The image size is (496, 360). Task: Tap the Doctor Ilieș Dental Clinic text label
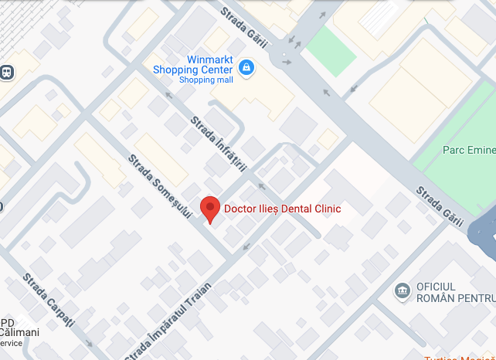[x=282, y=209]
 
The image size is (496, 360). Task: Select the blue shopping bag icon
[x=246, y=69]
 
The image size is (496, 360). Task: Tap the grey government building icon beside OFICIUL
[x=402, y=290]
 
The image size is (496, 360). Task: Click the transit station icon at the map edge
[x=6, y=73]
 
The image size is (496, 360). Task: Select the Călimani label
[x=20, y=332]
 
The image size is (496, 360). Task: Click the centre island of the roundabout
[x=287, y=56]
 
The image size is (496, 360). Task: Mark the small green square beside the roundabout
[x=330, y=51]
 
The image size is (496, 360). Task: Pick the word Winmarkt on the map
[x=210, y=59]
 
